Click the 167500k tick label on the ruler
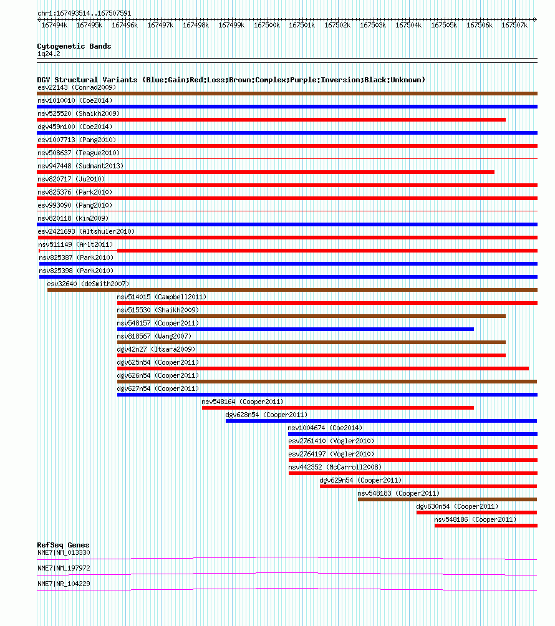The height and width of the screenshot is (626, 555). (267, 25)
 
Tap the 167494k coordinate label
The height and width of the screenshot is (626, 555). (54, 25)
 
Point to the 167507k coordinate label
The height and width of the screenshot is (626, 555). (514, 25)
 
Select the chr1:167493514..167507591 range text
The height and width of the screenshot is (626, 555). (84, 13)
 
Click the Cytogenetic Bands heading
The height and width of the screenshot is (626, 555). (74, 46)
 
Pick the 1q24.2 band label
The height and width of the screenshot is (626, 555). (49, 54)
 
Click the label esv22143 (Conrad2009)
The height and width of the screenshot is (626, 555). (77, 87)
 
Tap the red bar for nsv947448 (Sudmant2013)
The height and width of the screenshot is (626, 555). (266, 172)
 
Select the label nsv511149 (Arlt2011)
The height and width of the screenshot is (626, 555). (75, 244)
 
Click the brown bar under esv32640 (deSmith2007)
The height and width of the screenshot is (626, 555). (292, 290)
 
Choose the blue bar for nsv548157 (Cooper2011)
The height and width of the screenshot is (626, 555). (296, 329)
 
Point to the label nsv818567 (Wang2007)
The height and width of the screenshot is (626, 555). (154, 336)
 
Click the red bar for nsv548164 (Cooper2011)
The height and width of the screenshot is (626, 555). (338, 408)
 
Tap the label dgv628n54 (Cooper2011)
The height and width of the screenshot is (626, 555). (266, 415)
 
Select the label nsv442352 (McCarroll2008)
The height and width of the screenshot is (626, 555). (335, 467)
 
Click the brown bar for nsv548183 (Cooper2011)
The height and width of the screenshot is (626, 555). (447, 499)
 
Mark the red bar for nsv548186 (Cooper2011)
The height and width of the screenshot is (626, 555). (486, 526)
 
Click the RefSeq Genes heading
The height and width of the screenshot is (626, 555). (63, 545)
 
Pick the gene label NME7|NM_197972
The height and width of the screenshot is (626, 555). (64, 568)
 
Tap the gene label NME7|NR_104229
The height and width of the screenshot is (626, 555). (64, 584)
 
